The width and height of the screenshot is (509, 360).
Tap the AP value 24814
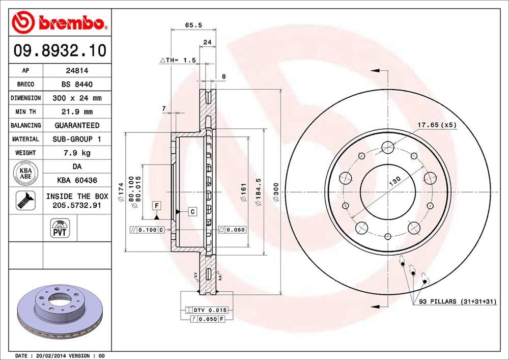(x=76, y=71)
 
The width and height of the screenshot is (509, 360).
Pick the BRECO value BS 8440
(x=76, y=85)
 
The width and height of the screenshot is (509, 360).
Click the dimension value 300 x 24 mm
(x=76, y=98)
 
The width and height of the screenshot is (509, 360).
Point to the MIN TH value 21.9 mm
(x=76, y=112)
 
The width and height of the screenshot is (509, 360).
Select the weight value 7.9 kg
(x=76, y=152)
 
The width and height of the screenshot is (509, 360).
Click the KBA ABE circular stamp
(x=26, y=173)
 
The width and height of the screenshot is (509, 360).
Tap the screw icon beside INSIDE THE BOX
(x=25, y=201)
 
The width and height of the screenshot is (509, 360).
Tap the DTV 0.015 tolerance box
(x=207, y=310)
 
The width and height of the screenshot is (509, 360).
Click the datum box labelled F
(x=157, y=205)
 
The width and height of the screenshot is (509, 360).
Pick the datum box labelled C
(x=192, y=211)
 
